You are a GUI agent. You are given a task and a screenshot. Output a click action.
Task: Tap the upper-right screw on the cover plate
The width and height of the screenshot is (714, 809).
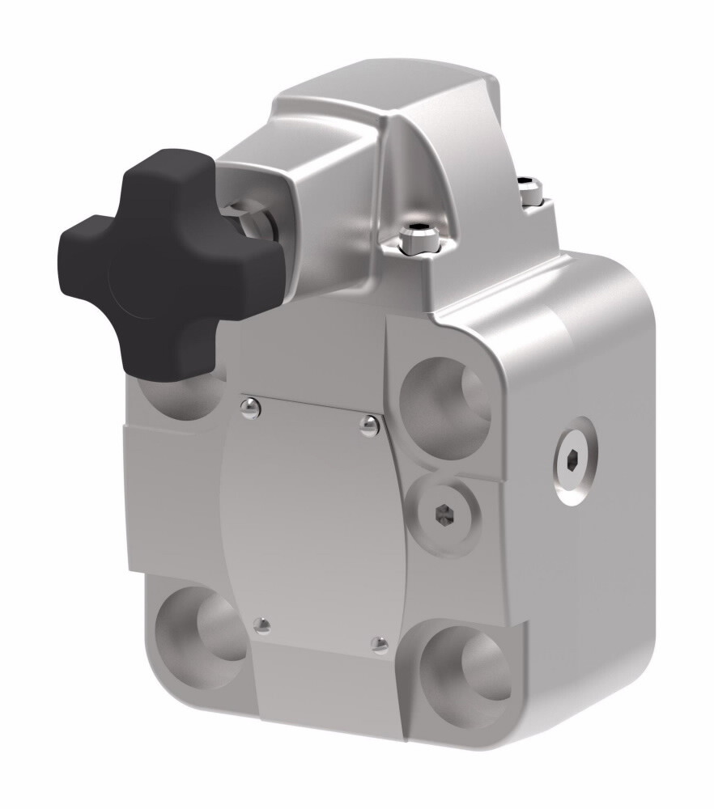click(369, 425)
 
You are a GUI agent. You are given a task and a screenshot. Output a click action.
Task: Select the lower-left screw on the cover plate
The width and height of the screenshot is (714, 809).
click(261, 625)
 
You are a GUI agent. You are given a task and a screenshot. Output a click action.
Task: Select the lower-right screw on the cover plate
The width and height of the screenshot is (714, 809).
click(379, 644)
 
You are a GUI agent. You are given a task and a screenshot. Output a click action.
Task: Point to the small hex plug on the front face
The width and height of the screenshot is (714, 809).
click(445, 514)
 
